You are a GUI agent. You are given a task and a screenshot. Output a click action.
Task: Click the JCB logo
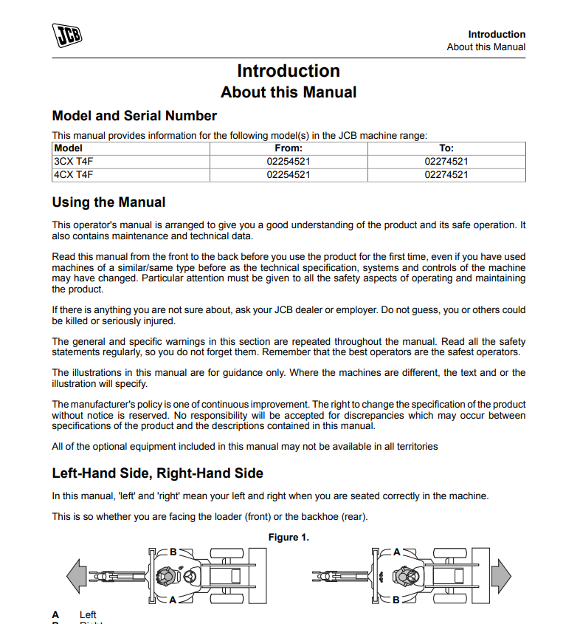click(67, 36)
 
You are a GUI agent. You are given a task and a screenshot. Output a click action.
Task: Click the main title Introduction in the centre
click(289, 71)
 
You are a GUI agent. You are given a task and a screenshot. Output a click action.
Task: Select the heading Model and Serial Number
click(134, 116)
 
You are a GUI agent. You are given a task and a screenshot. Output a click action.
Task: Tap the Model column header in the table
click(69, 148)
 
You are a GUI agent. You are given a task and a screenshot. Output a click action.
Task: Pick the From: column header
click(289, 148)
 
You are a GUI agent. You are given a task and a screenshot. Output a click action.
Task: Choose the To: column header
click(446, 148)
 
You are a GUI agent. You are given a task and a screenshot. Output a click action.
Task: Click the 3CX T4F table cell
click(74, 161)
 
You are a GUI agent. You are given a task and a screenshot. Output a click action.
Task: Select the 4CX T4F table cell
click(74, 175)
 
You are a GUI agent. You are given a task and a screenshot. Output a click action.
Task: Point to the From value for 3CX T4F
click(289, 161)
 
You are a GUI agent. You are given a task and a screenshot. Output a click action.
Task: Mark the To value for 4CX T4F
click(446, 175)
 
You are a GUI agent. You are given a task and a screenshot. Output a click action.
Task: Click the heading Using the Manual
click(108, 202)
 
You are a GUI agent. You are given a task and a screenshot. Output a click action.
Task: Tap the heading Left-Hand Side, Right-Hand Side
click(157, 473)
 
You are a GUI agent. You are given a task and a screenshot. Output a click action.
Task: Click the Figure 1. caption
click(289, 537)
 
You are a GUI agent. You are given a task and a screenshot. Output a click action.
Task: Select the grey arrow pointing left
click(76, 575)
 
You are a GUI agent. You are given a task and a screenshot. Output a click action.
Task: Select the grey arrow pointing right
click(501, 575)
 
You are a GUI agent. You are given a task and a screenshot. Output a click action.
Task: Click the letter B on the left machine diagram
click(173, 552)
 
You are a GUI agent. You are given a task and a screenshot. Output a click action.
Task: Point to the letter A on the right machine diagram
click(396, 552)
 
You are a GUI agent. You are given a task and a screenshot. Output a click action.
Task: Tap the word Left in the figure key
click(88, 614)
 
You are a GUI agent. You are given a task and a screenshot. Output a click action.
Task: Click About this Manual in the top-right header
click(486, 47)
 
